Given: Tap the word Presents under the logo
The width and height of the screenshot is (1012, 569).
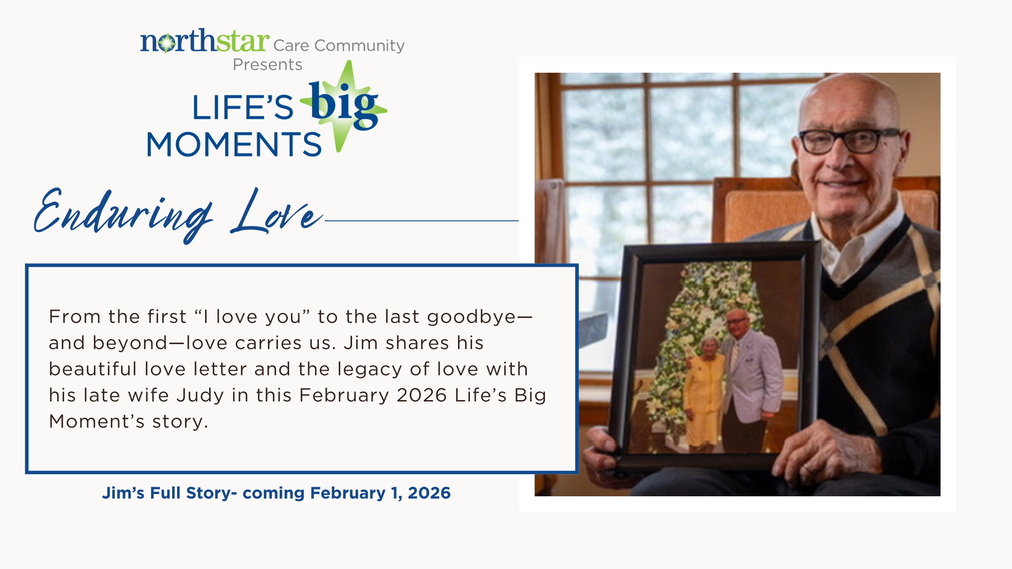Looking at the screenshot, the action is point(267,65).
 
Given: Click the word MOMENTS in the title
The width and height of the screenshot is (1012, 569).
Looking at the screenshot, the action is point(234,145).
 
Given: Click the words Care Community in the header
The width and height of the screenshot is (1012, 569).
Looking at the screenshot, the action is point(339,46).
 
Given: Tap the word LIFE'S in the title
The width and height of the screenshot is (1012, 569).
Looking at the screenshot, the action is point(243,107).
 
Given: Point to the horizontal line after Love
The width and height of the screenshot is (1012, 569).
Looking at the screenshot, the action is point(422,221).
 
